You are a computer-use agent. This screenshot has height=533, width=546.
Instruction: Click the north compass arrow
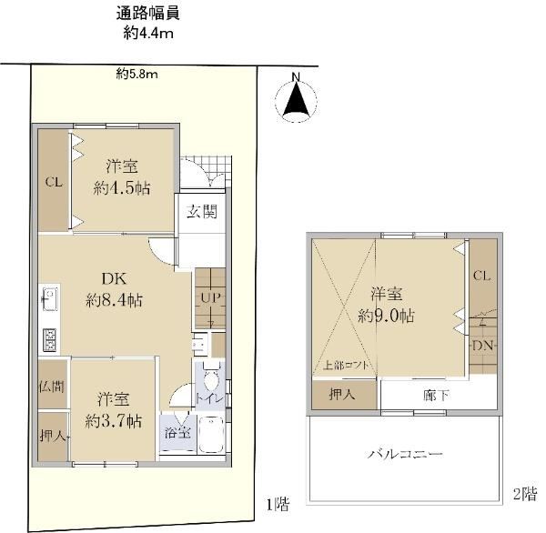coord(297,100)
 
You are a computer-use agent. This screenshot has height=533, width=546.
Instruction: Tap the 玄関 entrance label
coord(202,211)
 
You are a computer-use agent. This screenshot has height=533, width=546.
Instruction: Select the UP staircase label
coord(210,297)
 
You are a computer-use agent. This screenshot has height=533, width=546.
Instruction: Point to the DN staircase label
coord(483,346)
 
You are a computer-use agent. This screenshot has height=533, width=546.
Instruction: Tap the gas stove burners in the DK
coord(49,340)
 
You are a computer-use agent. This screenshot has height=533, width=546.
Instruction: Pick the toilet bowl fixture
coord(210,379)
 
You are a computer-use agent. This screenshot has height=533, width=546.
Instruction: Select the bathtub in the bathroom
coord(211,435)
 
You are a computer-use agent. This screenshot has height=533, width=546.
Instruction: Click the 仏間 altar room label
coord(52,386)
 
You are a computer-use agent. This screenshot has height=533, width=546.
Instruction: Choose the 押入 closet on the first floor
coord(53,437)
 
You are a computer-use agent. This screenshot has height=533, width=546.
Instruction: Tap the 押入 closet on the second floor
coord(344,395)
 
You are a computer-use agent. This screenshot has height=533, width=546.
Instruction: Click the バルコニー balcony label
coord(405,454)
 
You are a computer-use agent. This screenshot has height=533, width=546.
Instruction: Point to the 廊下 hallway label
coord(436,396)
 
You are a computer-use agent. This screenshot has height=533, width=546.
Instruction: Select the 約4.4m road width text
coord(148,34)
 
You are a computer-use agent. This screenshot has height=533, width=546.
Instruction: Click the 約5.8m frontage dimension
coord(136,75)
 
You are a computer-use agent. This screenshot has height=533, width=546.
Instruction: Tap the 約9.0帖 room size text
coord(387,316)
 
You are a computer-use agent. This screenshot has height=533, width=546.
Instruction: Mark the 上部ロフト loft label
coord(346,366)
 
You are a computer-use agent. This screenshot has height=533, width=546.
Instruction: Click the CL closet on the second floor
coord(482,277)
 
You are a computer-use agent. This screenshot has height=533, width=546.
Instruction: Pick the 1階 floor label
coord(278,504)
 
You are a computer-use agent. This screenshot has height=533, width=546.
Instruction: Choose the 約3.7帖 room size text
coord(114,422)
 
